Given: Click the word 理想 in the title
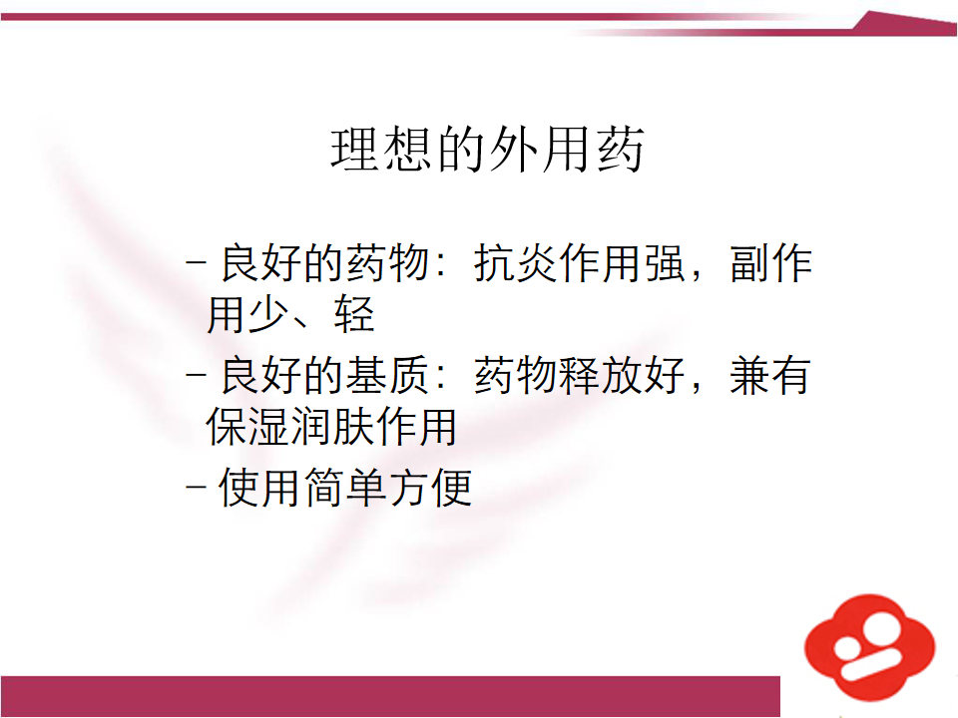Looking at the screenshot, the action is pyautogui.click(x=383, y=149).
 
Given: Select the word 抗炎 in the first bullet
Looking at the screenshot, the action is pyautogui.click(x=515, y=263).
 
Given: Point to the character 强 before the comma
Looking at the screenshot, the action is pyautogui.click(x=665, y=263).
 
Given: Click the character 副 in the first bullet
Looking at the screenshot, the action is pyautogui.click(x=749, y=263).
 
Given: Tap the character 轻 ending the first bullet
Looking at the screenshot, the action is pyautogui.click(x=354, y=314).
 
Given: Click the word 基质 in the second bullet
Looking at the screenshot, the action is pyautogui.click(x=387, y=376).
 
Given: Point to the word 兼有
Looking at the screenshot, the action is pyautogui.click(x=770, y=376).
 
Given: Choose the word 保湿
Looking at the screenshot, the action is pyautogui.click(x=247, y=426).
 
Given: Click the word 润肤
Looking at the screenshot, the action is pyautogui.click(x=331, y=426).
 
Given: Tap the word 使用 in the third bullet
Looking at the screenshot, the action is pyautogui.click(x=260, y=488).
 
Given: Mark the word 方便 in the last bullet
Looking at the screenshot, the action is pyautogui.click(x=431, y=488).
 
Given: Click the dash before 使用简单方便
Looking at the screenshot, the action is pyautogui.click(x=196, y=488).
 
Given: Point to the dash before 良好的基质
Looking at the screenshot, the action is pyautogui.click(x=196, y=375).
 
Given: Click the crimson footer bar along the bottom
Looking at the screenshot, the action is pyautogui.click(x=390, y=696).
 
